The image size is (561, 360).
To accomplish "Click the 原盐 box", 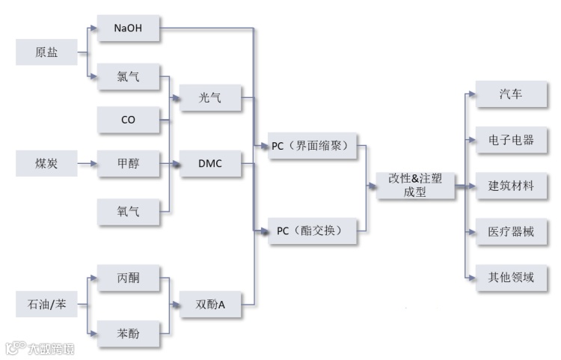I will pos(46,52).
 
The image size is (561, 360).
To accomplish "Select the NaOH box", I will pos(128,30).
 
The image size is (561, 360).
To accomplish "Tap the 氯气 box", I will pos(128,76).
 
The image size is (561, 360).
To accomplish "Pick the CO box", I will pos(128,119).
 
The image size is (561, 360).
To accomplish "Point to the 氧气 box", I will pos(128,213).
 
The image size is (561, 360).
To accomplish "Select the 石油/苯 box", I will pos(46,305).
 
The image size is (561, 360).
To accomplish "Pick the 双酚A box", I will pos(210,305).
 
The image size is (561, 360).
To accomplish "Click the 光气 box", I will pos(210,98).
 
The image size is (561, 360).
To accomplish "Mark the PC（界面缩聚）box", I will pos(314,146).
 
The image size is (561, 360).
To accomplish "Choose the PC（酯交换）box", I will pos(314,231).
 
